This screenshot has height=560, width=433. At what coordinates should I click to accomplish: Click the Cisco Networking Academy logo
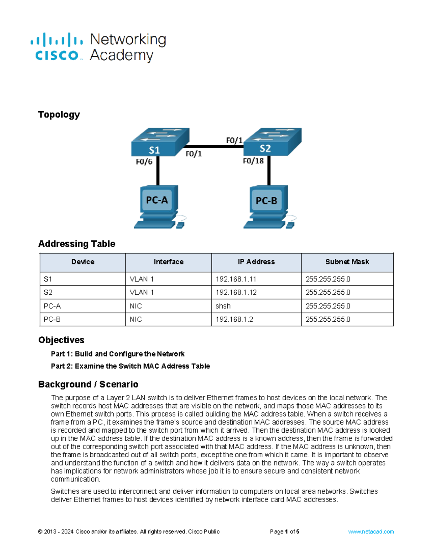pos(98,47)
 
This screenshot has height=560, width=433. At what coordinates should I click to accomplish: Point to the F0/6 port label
pos(144,162)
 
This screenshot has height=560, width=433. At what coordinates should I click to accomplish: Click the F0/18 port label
pos(253,161)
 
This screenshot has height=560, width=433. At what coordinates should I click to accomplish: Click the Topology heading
pos(59,115)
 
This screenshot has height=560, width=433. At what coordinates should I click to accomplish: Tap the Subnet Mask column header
pos(347,262)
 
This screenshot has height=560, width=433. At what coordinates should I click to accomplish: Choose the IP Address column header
pos(256,262)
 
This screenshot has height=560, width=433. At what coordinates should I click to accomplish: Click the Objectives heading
pos(61,340)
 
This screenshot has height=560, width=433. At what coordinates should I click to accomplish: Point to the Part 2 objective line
pos(130,366)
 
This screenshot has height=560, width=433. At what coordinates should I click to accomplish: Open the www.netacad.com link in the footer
pos(371,532)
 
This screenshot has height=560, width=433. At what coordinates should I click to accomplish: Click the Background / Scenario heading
pos(88,384)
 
